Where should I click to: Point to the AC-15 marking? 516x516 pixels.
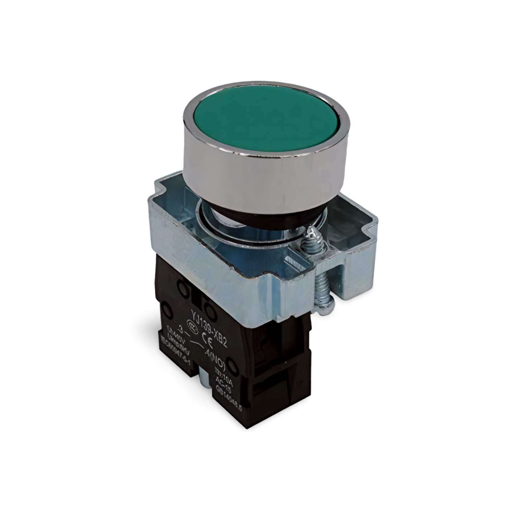click(x=224, y=387)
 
